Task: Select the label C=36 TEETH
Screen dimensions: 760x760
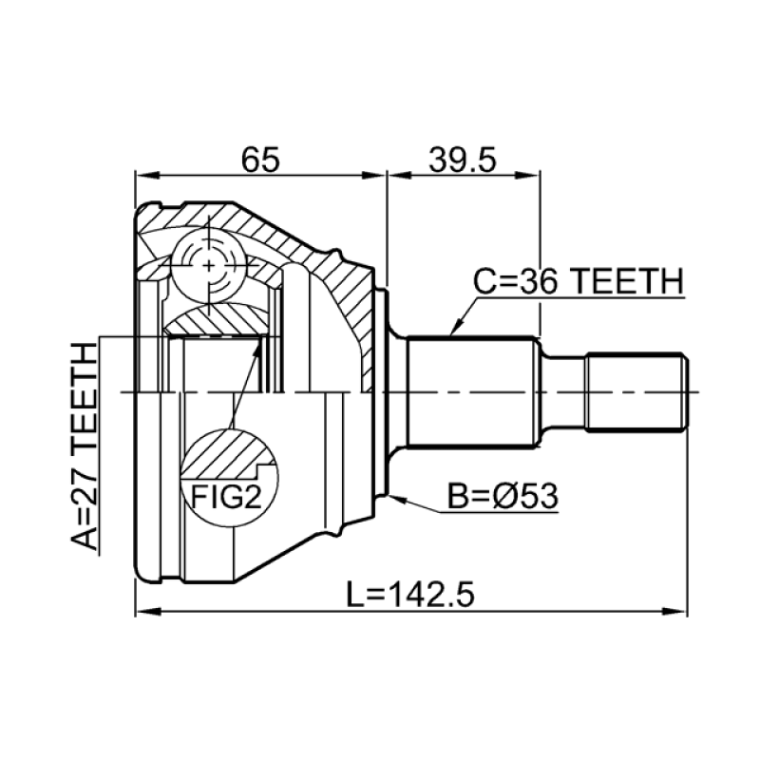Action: [579, 281]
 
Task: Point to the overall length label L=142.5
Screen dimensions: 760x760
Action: [410, 597]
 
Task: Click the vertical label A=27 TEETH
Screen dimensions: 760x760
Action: [85, 446]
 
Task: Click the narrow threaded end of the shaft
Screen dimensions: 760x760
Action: [636, 391]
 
